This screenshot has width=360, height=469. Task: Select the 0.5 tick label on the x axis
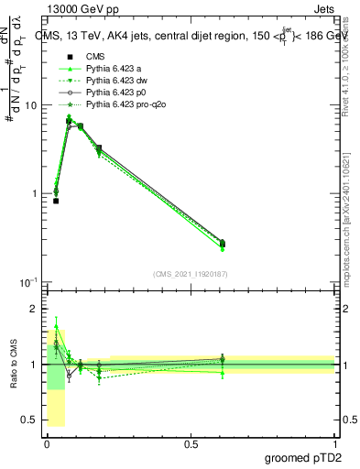pyautogui.click(x=191, y=443)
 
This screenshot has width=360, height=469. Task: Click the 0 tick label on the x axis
pyautogui.click(x=47, y=443)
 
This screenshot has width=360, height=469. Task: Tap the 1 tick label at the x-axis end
pyautogui.click(x=335, y=443)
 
